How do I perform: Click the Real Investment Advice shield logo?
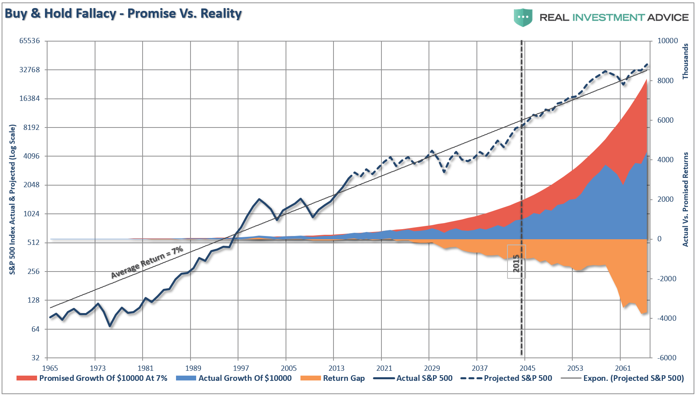523,17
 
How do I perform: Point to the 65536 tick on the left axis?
30,41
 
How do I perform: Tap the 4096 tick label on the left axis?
30,156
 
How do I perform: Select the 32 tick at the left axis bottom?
35,358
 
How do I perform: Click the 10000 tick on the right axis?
667,41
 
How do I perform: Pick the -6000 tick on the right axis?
667,358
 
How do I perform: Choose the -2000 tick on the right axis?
667,279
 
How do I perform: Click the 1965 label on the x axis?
50,368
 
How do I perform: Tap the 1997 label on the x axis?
241,368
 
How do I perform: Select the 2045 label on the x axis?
527,368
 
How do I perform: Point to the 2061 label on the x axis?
623,368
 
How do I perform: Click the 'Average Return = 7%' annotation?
147,262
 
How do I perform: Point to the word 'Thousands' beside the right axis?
686,61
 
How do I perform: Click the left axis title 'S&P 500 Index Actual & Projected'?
12,200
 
